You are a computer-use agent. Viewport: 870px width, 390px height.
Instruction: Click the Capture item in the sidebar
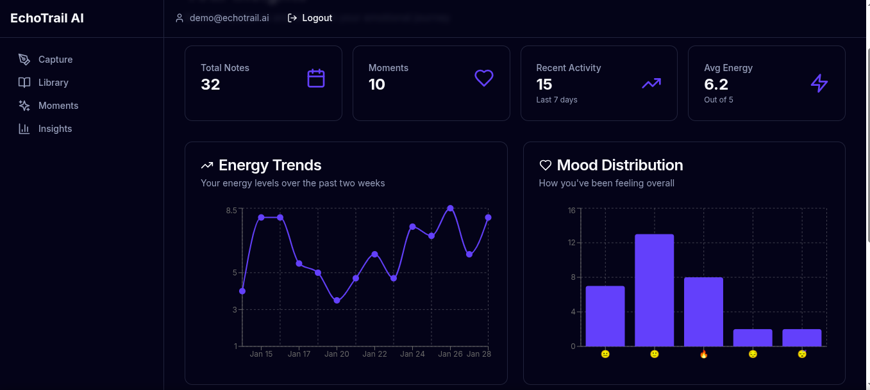[x=55, y=60]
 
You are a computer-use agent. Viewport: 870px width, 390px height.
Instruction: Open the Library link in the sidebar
[x=53, y=83]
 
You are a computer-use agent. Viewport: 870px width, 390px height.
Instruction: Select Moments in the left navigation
[x=58, y=106]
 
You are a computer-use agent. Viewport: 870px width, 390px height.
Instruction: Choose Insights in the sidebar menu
[x=54, y=129]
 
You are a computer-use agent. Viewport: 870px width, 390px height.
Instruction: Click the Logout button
[x=310, y=18]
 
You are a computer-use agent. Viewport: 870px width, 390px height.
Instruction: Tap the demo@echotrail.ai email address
[x=229, y=18]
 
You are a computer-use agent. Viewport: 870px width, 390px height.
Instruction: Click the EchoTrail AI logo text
[x=47, y=18]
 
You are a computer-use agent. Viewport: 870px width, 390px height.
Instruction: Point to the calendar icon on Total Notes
[x=316, y=78]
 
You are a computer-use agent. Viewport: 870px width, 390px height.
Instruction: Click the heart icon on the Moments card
[x=483, y=78]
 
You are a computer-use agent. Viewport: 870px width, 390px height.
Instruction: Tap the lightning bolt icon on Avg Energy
[x=819, y=83]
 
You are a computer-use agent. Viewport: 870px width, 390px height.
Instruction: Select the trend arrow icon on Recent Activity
[x=651, y=83]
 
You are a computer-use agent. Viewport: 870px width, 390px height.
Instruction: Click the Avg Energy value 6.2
[x=715, y=84]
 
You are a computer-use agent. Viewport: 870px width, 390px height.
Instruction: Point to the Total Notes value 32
[x=210, y=84]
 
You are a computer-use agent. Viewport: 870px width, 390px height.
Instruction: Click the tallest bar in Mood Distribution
[x=654, y=290]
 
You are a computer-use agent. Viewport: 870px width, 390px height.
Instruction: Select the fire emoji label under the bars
[x=703, y=354]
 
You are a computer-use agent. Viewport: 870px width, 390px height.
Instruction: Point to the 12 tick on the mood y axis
[x=571, y=243]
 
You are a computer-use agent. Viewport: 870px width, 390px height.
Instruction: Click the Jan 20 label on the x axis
[x=337, y=354]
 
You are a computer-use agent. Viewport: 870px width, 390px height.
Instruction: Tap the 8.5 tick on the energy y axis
[x=231, y=210]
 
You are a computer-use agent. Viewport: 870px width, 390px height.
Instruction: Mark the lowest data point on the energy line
[x=337, y=300]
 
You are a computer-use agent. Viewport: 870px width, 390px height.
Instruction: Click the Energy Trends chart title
[x=270, y=165]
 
